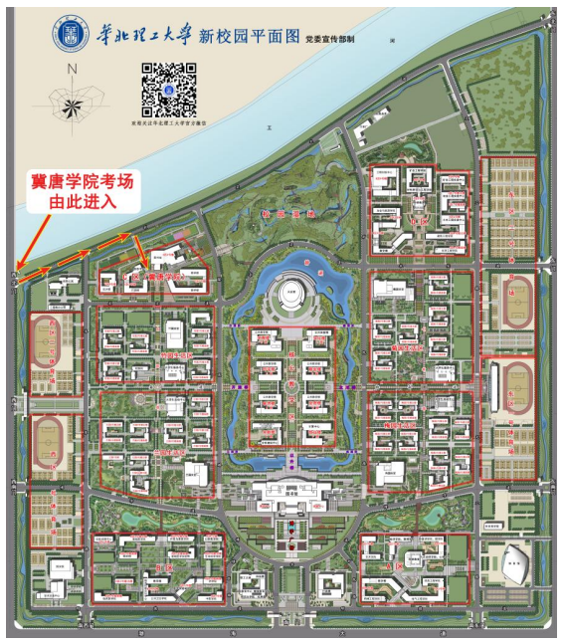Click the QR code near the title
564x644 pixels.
coord(167,89)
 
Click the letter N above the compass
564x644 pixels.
coord(71,70)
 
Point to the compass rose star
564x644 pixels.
coord(71,102)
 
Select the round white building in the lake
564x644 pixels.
coord(289,295)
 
